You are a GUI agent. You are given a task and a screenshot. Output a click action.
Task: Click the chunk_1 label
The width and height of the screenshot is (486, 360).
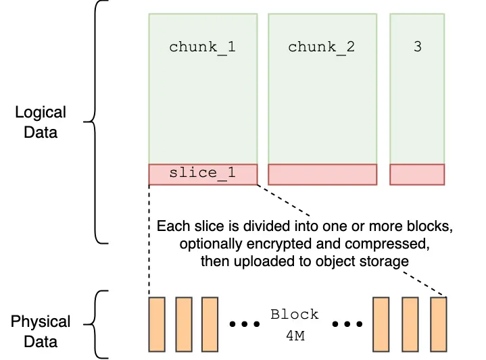(202, 47)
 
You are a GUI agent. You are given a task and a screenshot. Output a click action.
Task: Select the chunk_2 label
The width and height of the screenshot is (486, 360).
(321, 47)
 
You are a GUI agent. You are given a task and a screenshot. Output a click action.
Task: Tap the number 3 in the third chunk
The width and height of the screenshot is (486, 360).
(417, 47)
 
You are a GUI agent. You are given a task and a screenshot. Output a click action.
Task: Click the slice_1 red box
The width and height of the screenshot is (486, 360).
(203, 174)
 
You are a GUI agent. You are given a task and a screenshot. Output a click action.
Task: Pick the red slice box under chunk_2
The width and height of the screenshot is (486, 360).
(322, 174)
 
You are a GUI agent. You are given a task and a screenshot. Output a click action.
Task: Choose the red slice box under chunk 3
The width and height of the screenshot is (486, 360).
(417, 174)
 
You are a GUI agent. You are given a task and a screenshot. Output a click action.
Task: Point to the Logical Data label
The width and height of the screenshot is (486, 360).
(41, 122)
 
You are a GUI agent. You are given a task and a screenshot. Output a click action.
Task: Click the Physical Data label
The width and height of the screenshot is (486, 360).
(41, 331)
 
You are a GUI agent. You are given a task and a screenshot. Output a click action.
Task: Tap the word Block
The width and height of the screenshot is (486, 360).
(294, 315)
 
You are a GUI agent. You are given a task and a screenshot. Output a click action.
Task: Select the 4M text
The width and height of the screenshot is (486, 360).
(294, 335)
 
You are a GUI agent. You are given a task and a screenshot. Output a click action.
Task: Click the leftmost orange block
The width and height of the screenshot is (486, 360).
(157, 324)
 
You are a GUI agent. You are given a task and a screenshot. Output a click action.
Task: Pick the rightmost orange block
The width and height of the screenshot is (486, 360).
(439, 324)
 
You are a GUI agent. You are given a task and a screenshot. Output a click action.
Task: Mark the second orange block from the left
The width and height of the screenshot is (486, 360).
(184, 324)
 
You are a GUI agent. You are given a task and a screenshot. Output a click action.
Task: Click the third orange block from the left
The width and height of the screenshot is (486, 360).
(210, 324)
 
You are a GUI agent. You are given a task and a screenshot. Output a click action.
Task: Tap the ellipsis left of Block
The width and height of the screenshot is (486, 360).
(245, 324)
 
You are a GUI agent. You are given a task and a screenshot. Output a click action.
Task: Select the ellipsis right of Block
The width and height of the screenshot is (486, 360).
(347, 324)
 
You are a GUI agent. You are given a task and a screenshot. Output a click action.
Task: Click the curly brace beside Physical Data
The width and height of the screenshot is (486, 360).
(100, 325)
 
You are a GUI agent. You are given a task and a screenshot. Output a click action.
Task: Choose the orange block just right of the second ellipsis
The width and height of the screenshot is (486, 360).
(382, 324)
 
